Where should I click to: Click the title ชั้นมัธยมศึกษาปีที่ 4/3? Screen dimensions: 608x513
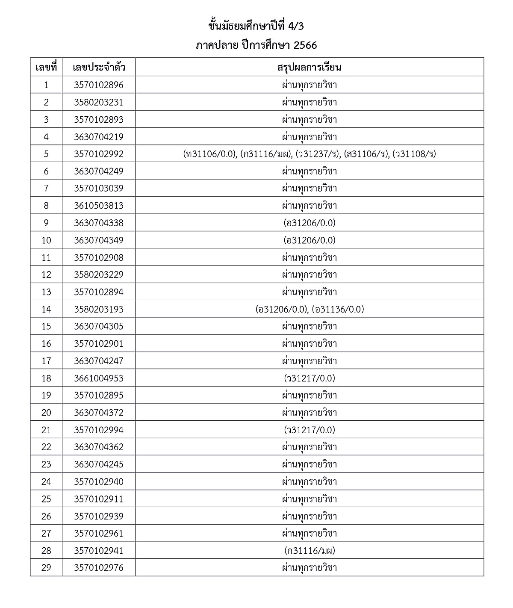click(256, 27)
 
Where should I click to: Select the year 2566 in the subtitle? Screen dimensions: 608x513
click(305, 45)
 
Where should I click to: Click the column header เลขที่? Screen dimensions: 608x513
click(46, 68)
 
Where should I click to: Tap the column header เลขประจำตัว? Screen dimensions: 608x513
click(99, 68)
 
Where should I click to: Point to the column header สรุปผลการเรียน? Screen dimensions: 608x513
click(309, 68)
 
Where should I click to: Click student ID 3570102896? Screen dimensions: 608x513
click(99, 85)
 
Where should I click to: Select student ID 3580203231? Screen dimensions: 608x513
click(99, 102)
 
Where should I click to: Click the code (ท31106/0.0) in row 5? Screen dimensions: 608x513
click(209, 154)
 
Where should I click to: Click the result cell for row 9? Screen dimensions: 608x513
click(309, 223)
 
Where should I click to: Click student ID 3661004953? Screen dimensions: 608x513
click(99, 378)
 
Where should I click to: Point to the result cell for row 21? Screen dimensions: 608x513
click(309, 430)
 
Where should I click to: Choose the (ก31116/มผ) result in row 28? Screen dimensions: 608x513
click(309, 551)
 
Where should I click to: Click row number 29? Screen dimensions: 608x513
click(46, 568)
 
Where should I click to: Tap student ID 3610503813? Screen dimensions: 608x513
click(99, 206)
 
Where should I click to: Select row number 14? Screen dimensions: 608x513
click(46, 309)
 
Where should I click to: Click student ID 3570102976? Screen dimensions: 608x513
click(99, 568)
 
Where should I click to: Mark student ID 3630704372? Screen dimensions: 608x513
click(99, 413)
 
